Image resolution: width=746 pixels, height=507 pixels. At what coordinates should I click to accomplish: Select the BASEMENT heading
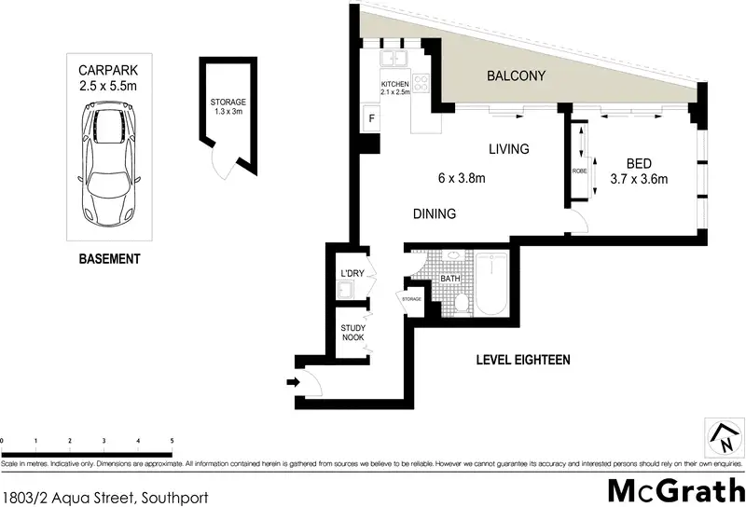(x=109, y=259)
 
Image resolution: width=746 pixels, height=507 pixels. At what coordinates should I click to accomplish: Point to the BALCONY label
(x=515, y=76)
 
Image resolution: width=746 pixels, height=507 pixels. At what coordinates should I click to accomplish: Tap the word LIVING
(x=509, y=149)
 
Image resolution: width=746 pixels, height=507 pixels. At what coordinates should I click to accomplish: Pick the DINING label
(x=435, y=214)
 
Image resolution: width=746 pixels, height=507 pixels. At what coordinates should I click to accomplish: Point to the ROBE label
(x=580, y=171)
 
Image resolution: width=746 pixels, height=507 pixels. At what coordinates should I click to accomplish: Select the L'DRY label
(x=352, y=273)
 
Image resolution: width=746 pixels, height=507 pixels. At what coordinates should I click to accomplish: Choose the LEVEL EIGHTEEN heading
(x=522, y=360)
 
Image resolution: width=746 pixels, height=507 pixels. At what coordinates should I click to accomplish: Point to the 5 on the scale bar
(x=172, y=439)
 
